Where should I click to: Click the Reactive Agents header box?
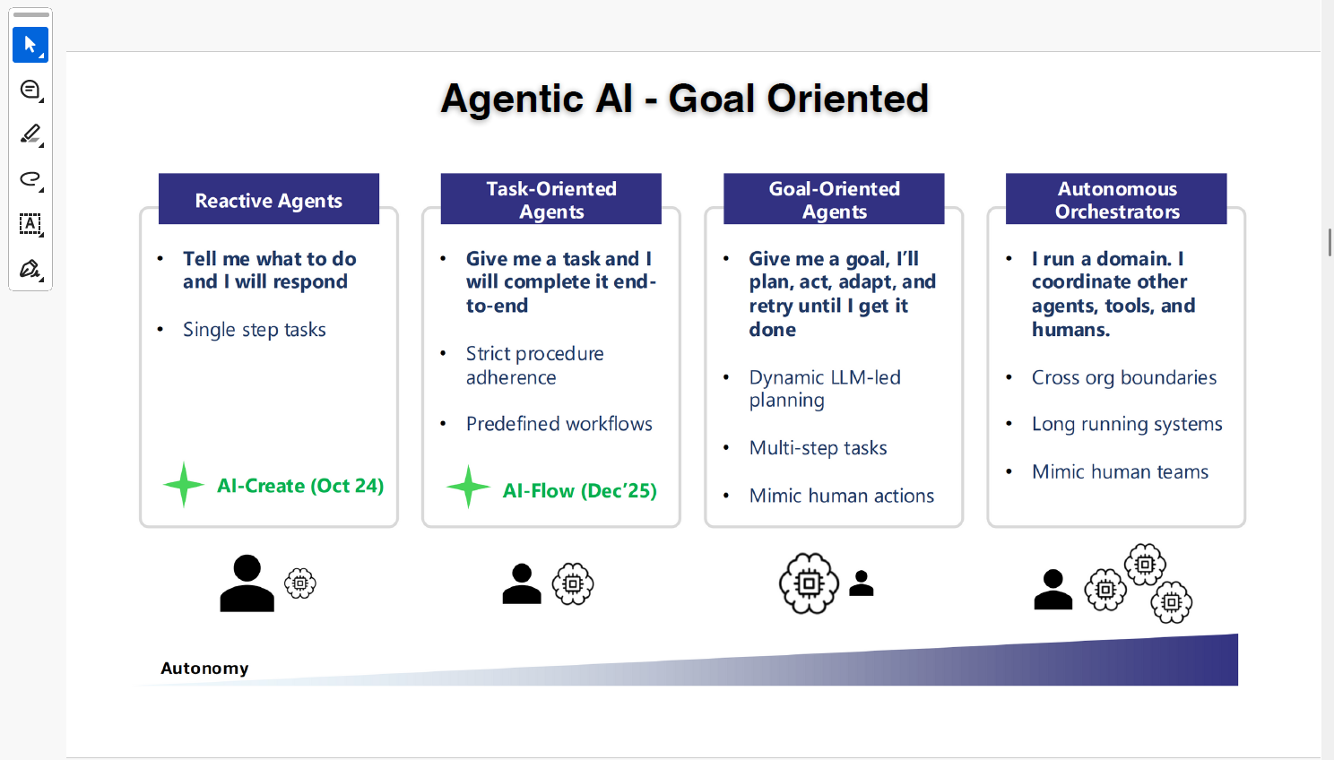pyautogui.click(x=269, y=199)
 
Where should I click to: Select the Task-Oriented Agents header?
pyautogui.click(x=550, y=199)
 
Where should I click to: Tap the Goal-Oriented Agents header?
pyautogui.click(x=834, y=199)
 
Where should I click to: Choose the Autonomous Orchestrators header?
pyautogui.click(x=1116, y=199)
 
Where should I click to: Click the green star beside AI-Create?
pyautogui.click(x=184, y=485)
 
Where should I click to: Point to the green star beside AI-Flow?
pyautogui.click(x=468, y=487)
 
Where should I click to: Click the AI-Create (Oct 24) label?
pyautogui.click(x=300, y=486)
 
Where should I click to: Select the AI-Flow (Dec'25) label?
pyautogui.click(x=579, y=490)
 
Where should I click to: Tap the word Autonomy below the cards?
pyautogui.click(x=204, y=669)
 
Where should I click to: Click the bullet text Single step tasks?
pyautogui.click(x=255, y=329)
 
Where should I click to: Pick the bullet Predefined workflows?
pyautogui.click(x=559, y=424)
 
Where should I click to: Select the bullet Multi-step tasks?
pyautogui.click(x=818, y=447)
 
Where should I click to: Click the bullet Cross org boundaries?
pyautogui.click(x=1124, y=377)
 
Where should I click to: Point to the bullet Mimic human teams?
pyautogui.click(x=1120, y=471)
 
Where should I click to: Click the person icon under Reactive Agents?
pyautogui.click(x=247, y=583)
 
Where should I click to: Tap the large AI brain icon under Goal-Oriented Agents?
pyautogui.click(x=809, y=583)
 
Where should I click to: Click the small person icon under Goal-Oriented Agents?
pyautogui.click(x=862, y=583)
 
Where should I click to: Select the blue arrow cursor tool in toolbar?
pyautogui.click(x=30, y=45)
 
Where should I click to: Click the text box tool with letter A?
pyautogui.click(x=30, y=224)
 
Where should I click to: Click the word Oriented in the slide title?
pyautogui.click(x=847, y=99)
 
